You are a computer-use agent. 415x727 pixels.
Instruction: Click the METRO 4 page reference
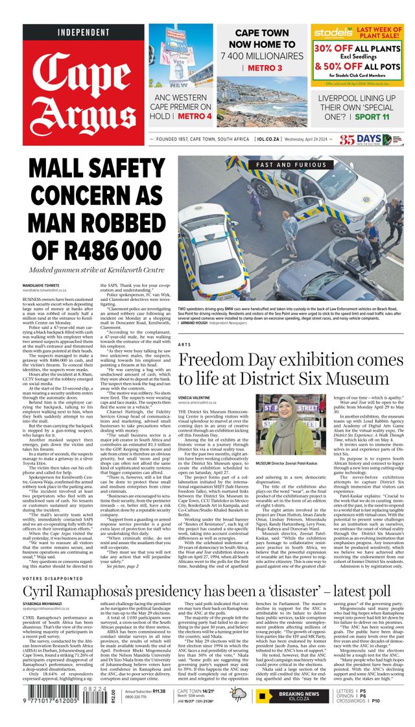(x=195, y=116)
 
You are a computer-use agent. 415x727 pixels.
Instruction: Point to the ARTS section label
(x=185, y=344)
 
